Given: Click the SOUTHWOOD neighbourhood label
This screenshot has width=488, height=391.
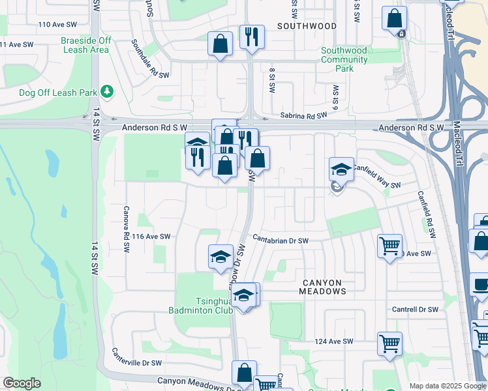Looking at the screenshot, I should click(307, 26).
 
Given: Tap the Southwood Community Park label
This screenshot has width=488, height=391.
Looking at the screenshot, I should click(344, 59).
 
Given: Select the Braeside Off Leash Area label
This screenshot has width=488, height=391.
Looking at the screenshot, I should click(85, 45).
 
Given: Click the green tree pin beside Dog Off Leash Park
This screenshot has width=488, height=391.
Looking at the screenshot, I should click(108, 92).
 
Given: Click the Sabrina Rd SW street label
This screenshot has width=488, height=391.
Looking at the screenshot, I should click(303, 115).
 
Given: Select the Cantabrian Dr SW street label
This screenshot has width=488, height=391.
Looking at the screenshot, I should click(281, 240).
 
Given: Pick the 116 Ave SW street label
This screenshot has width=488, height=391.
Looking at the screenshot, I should click(151, 237).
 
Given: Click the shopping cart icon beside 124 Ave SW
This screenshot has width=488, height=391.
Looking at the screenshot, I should click(389, 343).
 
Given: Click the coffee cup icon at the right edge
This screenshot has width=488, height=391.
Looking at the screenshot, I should click(481, 285).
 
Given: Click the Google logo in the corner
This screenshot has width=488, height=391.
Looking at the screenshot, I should click(22, 383).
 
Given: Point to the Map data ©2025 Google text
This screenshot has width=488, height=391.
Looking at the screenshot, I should click(448, 386).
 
